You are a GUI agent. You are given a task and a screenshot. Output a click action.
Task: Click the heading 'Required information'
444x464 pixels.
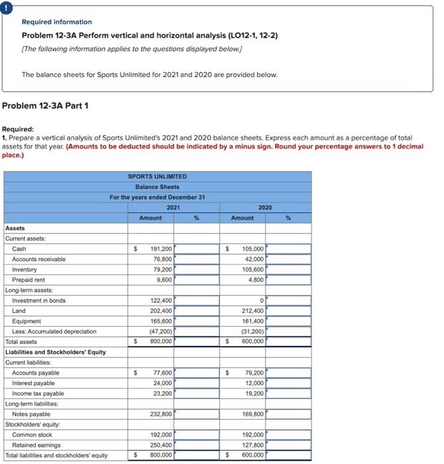[56, 22]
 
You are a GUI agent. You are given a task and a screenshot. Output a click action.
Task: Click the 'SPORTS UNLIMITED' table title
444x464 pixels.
[157, 176]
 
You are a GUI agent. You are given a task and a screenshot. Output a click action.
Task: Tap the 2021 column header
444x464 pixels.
[174, 207]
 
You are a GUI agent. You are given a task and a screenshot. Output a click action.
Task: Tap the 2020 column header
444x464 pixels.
[265, 207]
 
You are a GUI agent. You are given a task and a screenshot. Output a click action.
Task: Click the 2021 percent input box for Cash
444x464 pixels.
[197, 249]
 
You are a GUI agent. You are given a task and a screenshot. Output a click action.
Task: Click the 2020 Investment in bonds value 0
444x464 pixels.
[262, 300]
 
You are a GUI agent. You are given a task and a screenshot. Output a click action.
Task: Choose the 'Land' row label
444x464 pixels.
[19, 311]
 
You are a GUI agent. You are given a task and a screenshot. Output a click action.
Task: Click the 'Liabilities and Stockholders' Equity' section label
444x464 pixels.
[55, 352]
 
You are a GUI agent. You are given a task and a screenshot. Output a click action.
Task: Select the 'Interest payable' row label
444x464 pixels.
[33, 383]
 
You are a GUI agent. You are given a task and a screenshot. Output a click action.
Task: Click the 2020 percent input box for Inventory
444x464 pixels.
[288, 269]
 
